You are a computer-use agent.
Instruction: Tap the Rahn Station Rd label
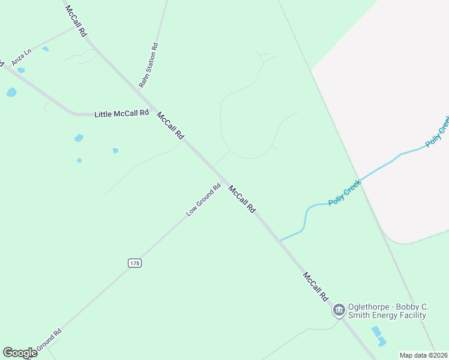pyautogui.click(x=148, y=65)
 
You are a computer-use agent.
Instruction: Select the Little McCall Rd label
pyautogui.click(x=121, y=113)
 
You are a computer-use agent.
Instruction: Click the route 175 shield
pyautogui.click(x=134, y=263)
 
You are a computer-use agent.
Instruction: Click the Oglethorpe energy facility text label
pyautogui.click(x=387, y=311)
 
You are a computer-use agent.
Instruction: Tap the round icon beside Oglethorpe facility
pyautogui.click(x=339, y=310)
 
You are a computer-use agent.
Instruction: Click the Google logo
pyautogui.click(x=20, y=353)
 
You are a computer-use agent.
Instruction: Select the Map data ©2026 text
pyautogui.click(x=423, y=355)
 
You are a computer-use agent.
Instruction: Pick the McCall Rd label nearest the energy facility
pyautogui.click(x=316, y=287)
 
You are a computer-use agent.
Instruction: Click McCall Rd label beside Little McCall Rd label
pyautogui.click(x=170, y=125)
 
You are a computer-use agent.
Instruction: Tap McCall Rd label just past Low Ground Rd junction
pyautogui.click(x=242, y=199)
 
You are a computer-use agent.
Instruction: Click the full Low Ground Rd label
pyautogui.click(x=203, y=199)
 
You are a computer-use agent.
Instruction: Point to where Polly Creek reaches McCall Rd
pyautogui.click(x=280, y=240)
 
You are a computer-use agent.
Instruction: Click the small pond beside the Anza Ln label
pyautogui.click(x=45, y=49)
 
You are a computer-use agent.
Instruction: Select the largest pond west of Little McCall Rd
pyautogui.click(x=11, y=92)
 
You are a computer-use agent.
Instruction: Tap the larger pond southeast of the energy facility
pyautogui.click(x=376, y=331)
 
